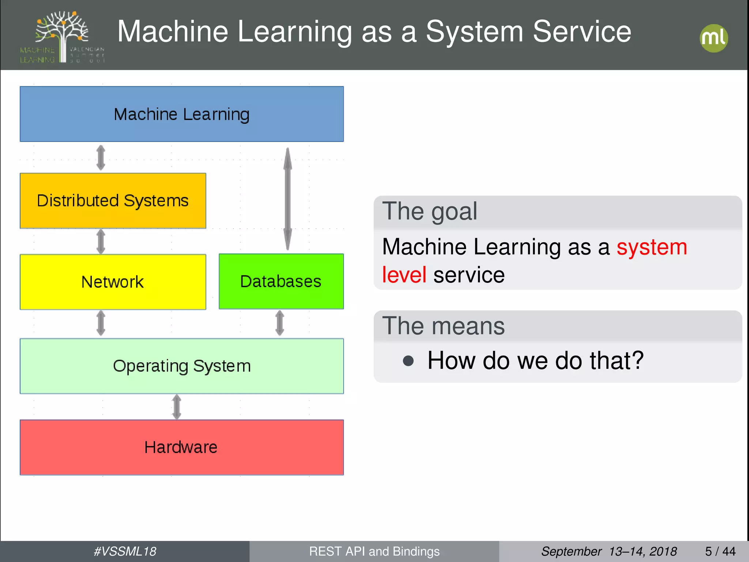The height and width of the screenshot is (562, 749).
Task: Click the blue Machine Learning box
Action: click(182, 114)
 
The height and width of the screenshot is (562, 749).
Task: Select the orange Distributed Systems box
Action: click(113, 201)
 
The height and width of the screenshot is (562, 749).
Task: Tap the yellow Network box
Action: click(113, 282)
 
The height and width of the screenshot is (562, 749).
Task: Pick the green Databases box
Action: click(281, 281)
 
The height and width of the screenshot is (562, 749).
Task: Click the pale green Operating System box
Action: click(182, 366)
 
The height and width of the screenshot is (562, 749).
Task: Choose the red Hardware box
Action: click(182, 447)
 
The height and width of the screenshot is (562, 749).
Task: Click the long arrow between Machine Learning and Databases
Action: click(288, 199)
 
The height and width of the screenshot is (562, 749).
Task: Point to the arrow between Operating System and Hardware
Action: click(177, 406)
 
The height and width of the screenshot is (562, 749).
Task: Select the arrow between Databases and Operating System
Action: click(280, 323)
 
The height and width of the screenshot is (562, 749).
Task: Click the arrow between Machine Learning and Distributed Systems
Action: click(101, 158)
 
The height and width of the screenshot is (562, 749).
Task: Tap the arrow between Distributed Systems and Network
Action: click(101, 241)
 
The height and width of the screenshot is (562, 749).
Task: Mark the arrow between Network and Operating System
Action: click(101, 323)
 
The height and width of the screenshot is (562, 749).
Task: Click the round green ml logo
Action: click(714, 38)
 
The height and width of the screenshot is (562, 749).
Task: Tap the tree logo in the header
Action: click(62, 37)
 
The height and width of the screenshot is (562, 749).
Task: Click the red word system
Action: click(652, 247)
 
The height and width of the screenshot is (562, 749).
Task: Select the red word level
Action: click(404, 275)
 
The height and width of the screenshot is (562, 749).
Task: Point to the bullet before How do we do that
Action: click(408, 361)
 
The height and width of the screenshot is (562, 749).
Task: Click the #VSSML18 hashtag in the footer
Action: click(125, 551)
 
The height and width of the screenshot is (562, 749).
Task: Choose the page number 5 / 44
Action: click(720, 551)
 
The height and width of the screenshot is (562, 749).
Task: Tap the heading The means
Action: click(443, 326)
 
